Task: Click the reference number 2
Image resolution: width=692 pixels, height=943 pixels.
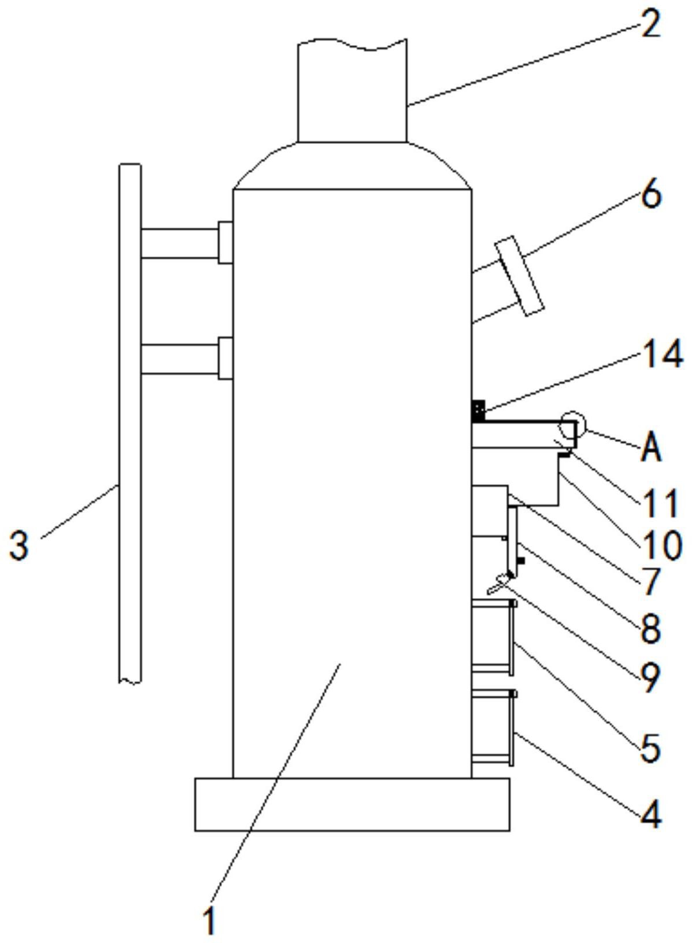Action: tap(651, 25)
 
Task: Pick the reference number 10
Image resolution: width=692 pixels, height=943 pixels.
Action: tap(661, 546)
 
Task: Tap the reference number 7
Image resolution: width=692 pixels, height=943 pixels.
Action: tap(651, 582)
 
